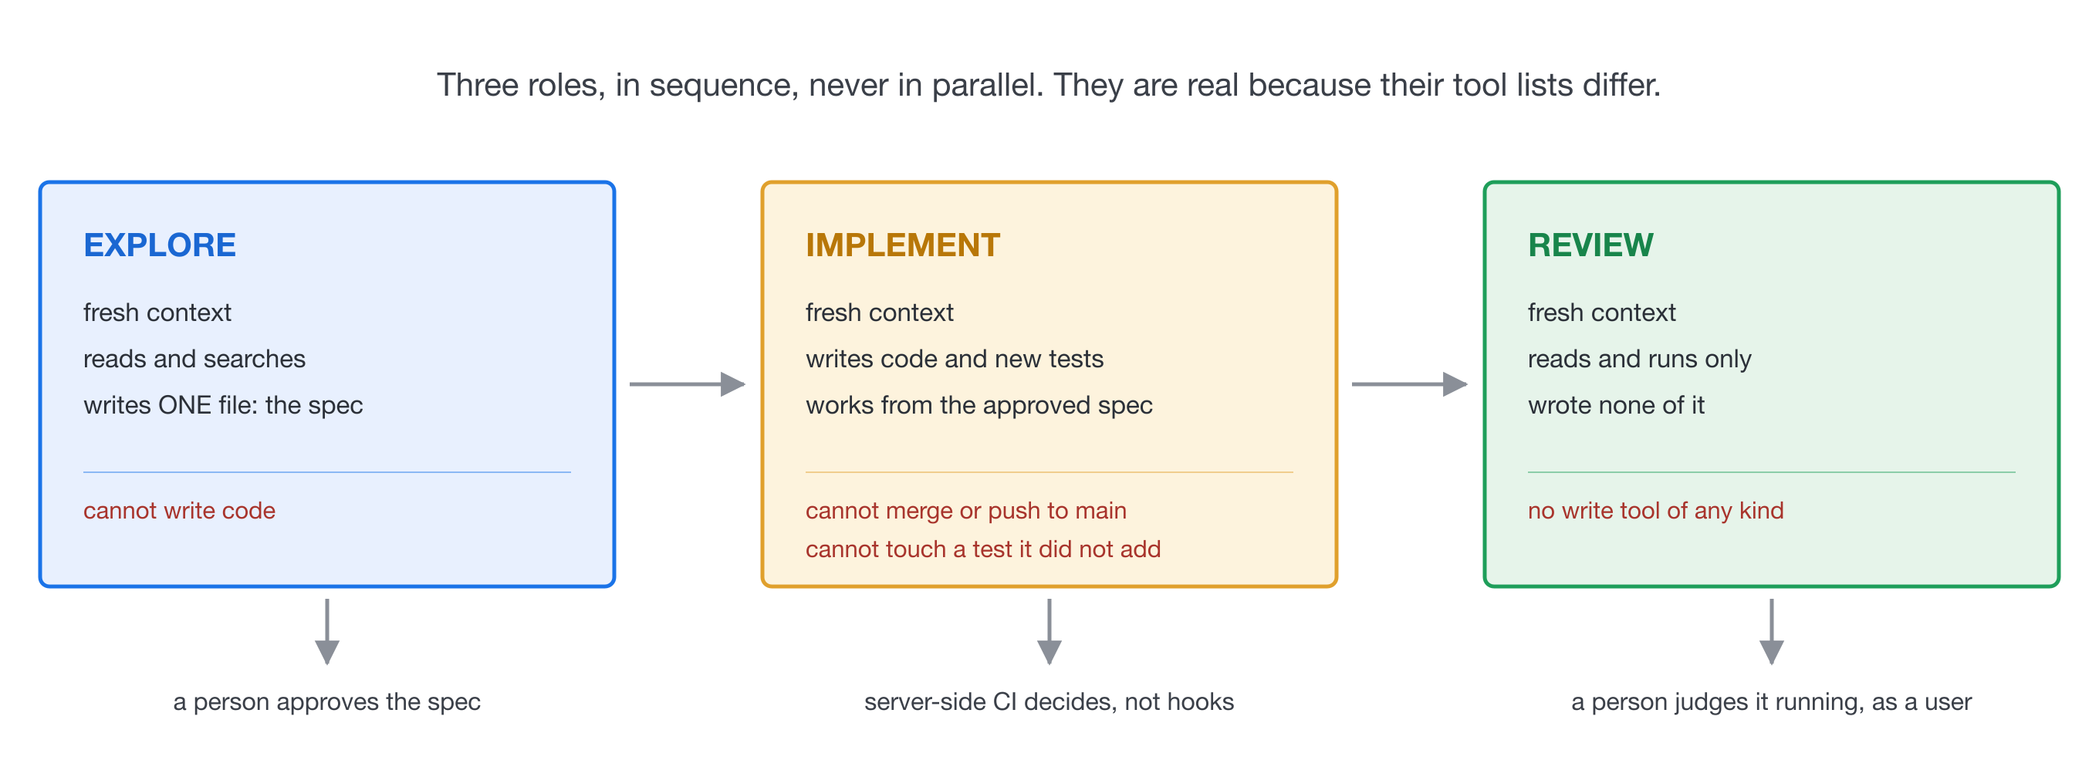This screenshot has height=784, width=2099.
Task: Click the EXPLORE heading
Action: (160, 245)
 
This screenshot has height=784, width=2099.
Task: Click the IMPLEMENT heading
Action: (903, 245)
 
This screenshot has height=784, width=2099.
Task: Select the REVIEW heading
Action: (1590, 245)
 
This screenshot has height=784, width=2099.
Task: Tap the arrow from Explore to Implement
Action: (688, 384)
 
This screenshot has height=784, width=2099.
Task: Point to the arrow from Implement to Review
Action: (1410, 384)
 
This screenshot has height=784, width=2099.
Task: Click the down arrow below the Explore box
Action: (326, 633)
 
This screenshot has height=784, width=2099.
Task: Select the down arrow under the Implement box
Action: (1049, 633)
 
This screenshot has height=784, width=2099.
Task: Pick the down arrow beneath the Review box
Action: (1772, 633)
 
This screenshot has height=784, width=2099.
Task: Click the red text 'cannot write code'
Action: (179, 511)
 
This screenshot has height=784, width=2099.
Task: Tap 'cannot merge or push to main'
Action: (966, 511)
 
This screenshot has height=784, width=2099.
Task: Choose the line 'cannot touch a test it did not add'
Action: (983, 549)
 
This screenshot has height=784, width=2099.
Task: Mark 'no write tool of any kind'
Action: (1656, 511)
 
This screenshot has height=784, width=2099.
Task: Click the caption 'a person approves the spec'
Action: (326, 702)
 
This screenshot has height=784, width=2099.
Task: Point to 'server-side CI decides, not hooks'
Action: (1049, 702)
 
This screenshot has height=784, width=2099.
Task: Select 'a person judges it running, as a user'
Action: (1772, 702)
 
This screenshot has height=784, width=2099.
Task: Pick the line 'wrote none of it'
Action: (1617, 405)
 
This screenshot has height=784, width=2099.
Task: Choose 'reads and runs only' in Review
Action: (1639, 360)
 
